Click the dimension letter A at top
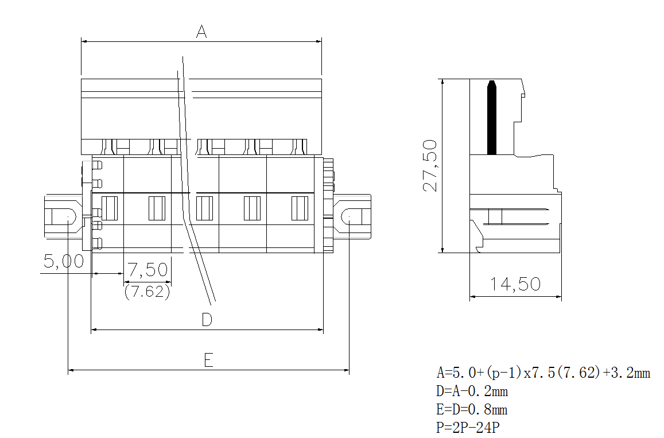pyautogui.click(x=201, y=32)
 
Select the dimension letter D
pyautogui.click(x=207, y=320)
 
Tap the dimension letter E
pyautogui.click(x=208, y=361)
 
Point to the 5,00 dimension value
pyautogui.click(x=64, y=262)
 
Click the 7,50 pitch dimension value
pyautogui.click(x=147, y=269)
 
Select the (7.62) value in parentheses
pyautogui.click(x=147, y=292)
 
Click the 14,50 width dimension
pyautogui.click(x=515, y=284)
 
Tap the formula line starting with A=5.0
pyautogui.click(x=543, y=373)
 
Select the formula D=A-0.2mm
pyautogui.click(x=472, y=392)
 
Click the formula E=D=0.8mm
pyautogui.click(x=472, y=410)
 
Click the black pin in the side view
pyautogui.click(x=491, y=118)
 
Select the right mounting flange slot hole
pyautogui.click(x=353, y=216)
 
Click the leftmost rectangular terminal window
pyautogui.click(x=109, y=208)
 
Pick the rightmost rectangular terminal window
pyautogui.click(x=300, y=208)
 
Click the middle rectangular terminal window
pyautogui.click(x=204, y=208)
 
